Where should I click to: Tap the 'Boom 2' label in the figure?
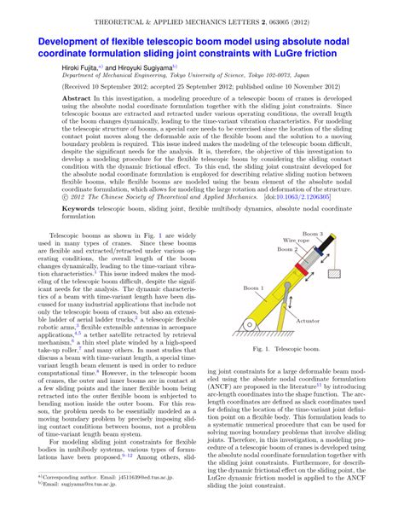coord(287,250)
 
